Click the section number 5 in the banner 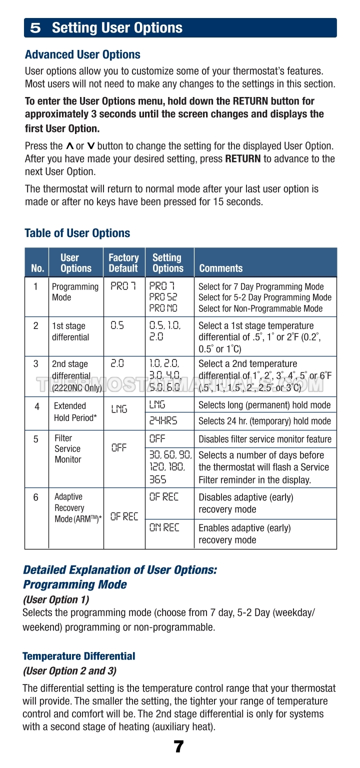tap(35, 28)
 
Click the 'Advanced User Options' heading tap(82, 54)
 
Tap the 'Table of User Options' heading tap(77, 233)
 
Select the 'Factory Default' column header tap(123, 263)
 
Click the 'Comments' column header tap(220, 268)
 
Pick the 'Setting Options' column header tap(168, 263)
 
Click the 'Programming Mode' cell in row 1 tap(75, 292)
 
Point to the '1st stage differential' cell tap(70, 331)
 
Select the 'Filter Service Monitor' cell tap(67, 449)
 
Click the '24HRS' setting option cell tap(163, 421)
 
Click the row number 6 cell tap(36, 498)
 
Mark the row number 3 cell tap(36, 364)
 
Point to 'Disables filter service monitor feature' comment tap(265, 439)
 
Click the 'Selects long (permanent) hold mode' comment tap(264, 405)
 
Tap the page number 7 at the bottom tap(178, 747)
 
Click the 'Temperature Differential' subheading tap(79, 656)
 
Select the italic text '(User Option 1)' tap(56, 599)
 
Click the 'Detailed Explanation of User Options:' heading tap(120, 570)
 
